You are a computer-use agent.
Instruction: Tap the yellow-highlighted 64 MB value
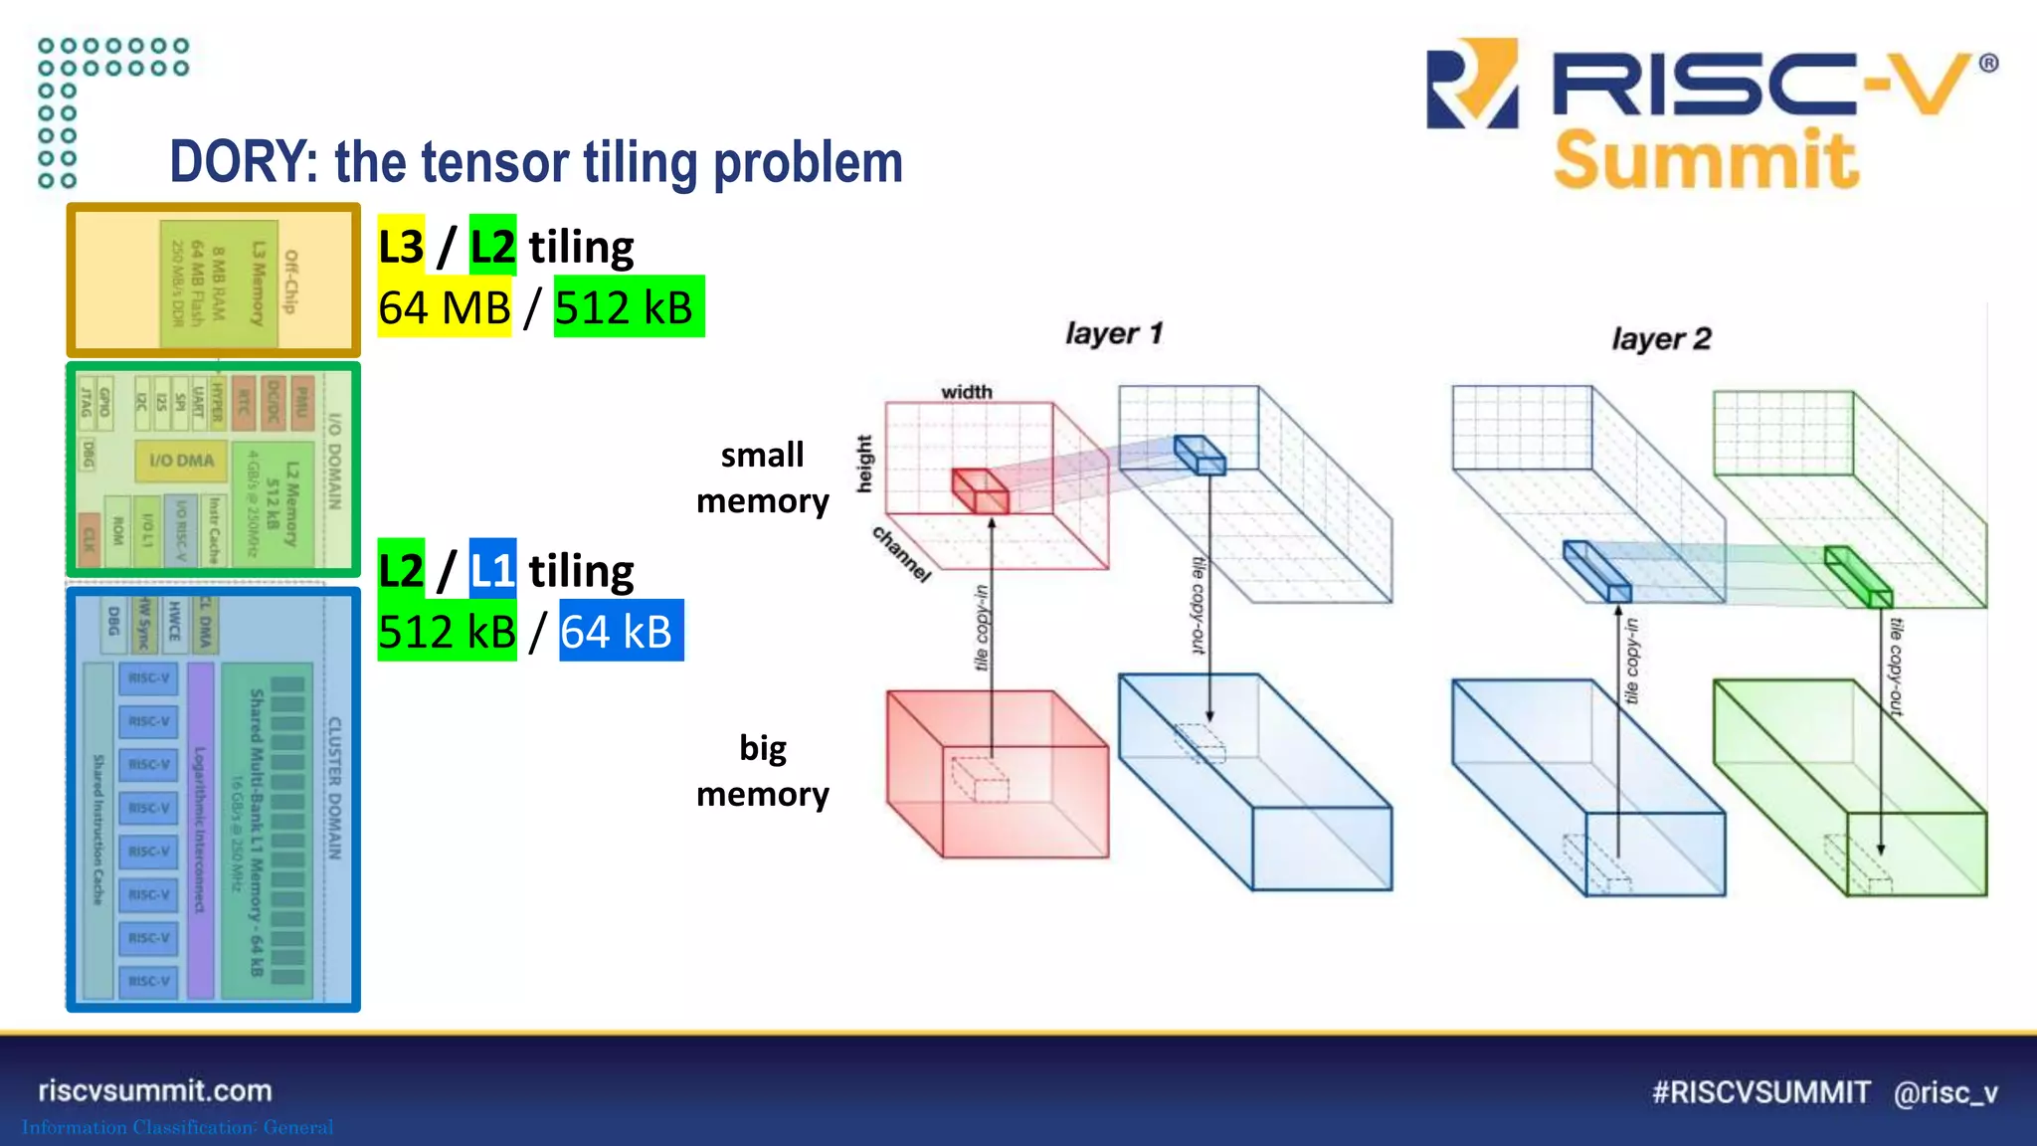444,307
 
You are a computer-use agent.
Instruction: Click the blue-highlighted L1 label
492,570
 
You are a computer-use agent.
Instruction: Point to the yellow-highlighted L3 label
401,246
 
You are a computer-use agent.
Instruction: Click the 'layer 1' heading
1113,333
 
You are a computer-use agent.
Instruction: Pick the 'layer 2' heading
1660,339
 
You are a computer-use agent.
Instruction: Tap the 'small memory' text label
762,477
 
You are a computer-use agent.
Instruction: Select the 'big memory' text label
762,770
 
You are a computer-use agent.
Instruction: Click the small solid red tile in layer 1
980,491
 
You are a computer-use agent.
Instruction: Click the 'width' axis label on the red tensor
966,392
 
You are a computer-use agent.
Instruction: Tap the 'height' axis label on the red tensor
864,464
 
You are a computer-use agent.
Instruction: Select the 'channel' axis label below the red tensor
901,553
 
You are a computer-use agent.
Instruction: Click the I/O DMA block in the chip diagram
181,461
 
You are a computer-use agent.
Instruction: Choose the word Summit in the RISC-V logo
1705,160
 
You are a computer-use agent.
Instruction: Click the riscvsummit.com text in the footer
155,1090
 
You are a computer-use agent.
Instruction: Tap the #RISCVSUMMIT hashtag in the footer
1760,1092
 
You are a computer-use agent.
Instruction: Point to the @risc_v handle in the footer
1945,1092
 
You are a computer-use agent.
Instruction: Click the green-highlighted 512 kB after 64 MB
628,307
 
